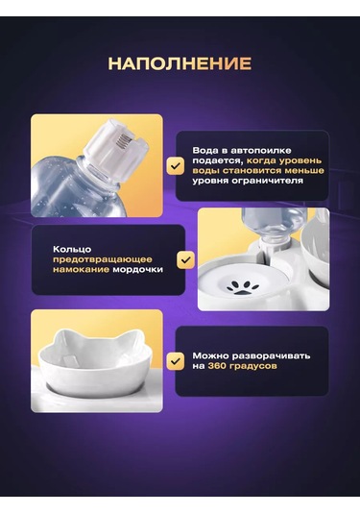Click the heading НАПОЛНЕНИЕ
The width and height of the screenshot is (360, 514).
[180, 63]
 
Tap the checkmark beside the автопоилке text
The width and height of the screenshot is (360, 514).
[176, 166]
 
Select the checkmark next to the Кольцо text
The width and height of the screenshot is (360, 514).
[185, 260]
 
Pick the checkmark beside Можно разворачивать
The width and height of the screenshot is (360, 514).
[176, 361]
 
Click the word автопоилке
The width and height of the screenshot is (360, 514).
[261, 151]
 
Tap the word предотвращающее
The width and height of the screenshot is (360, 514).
[103, 259]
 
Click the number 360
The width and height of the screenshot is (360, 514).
[217, 366]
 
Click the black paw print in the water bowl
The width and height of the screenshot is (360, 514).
[243, 287]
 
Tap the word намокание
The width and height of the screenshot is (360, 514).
[82, 270]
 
